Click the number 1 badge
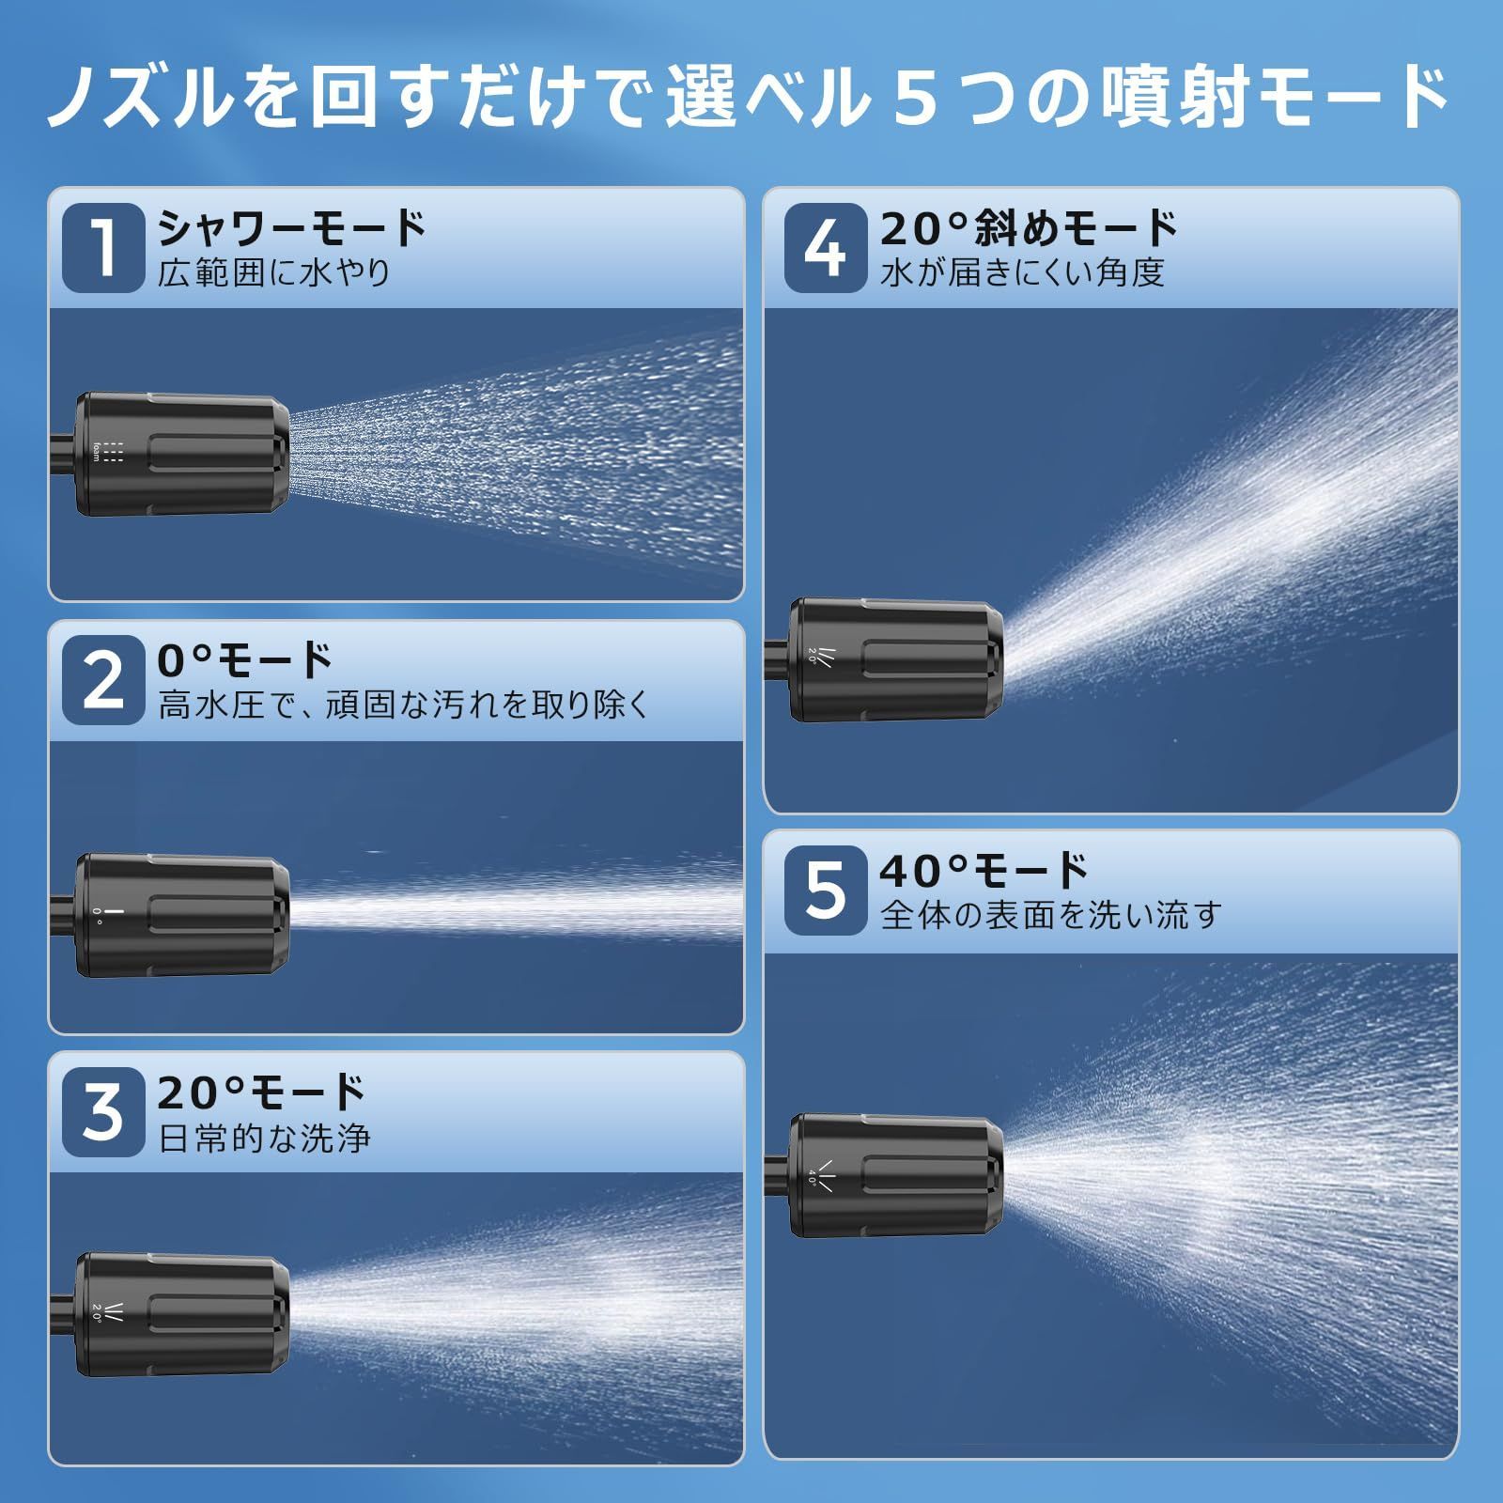103,248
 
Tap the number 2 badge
103,681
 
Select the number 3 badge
103,1113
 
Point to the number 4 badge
825,248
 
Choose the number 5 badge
825,891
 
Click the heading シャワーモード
292,228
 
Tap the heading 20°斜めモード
1029,228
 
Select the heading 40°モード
984,871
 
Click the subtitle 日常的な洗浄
264,1139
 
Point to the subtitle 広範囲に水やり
273,273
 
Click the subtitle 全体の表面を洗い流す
1050,915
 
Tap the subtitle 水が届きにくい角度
1022,273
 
